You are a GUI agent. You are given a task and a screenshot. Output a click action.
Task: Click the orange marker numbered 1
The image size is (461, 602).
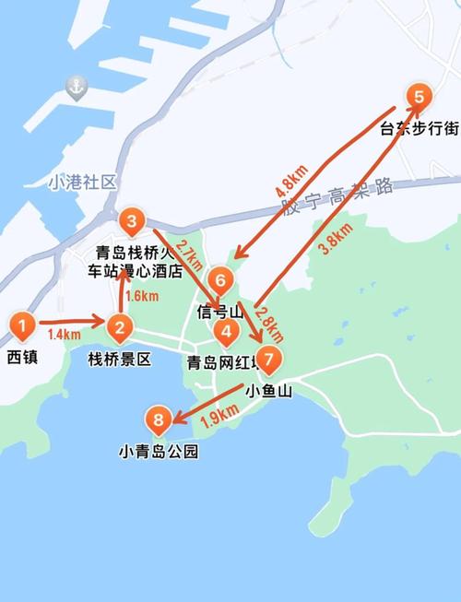(x=23, y=325)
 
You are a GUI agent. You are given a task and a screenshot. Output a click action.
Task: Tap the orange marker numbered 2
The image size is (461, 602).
(x=119, y=326)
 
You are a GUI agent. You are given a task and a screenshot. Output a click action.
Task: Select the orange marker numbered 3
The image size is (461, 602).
(x=132, y=221)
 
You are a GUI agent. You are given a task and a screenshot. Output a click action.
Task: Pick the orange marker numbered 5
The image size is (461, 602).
(x=419, y=97)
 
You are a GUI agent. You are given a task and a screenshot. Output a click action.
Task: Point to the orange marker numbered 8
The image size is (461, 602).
(x=160, y=421)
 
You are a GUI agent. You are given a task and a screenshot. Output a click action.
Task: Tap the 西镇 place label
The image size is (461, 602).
(x=23, y=357)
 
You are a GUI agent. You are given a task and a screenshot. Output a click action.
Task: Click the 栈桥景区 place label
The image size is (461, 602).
(x=119, y=359)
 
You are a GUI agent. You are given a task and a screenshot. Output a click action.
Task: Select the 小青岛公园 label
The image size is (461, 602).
(x=159, y=453)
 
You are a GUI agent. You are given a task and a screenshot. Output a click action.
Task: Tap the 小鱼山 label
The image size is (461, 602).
(x=269, y=391)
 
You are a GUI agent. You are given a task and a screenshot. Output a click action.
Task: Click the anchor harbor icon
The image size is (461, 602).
(x=75, y=89)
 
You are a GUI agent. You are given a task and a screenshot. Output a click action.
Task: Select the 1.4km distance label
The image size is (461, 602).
(x=64, y=334)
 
